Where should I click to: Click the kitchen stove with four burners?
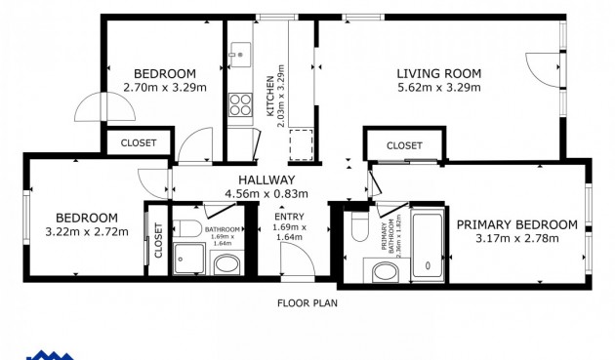[x=240, y=102]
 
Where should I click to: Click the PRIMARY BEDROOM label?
[x=516, y=224]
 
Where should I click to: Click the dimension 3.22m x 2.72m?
[x=87, y=231]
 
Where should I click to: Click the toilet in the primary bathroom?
[x=357, y=228]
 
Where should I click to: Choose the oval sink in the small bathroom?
[x=225, y=264]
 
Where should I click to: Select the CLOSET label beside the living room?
[x=403, y=145]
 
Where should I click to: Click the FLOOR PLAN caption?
[x=307, y=302]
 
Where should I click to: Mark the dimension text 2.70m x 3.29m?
[x=165, y=87]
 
